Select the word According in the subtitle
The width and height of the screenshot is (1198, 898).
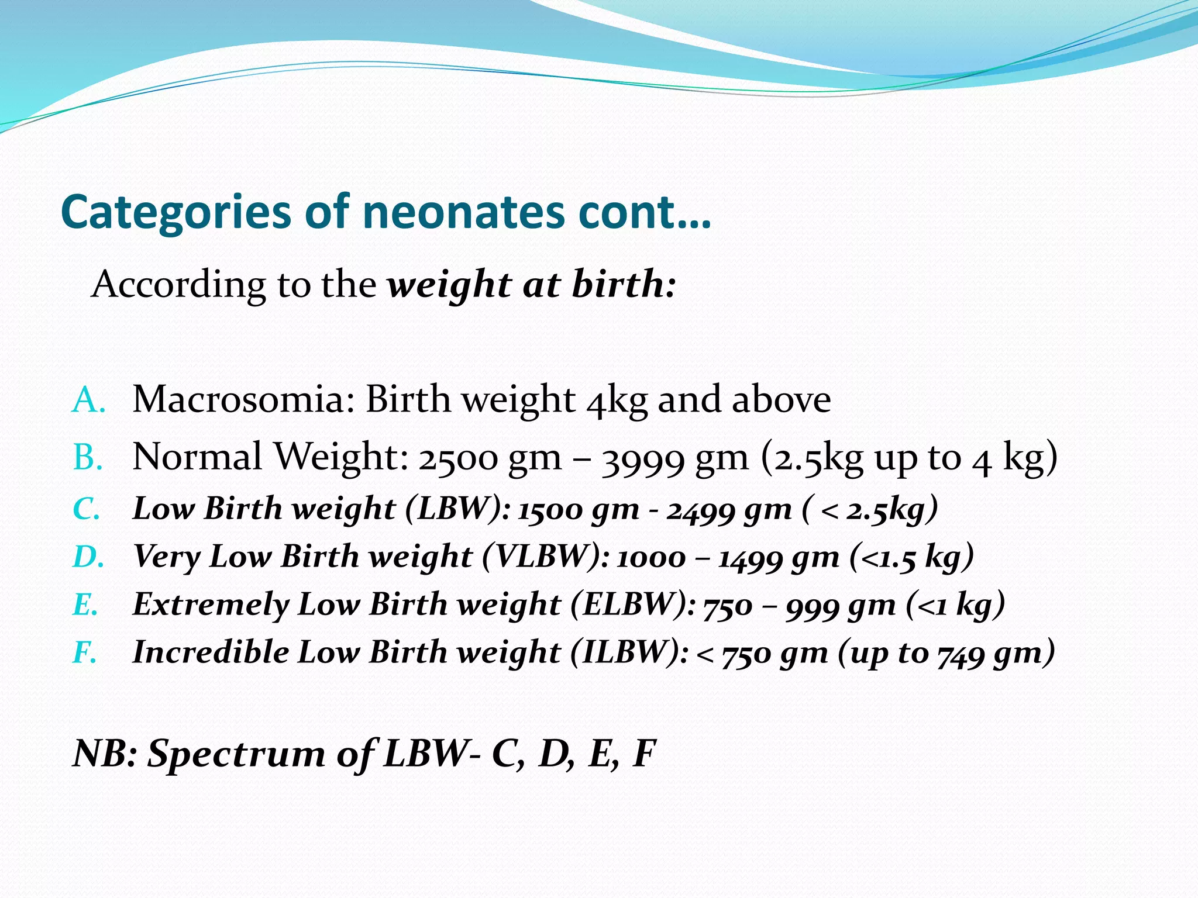pos(178,285)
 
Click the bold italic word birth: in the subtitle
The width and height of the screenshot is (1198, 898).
pos(624,284)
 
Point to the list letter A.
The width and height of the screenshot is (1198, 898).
pos(88,401)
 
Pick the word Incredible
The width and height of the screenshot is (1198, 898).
pos(211,652)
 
